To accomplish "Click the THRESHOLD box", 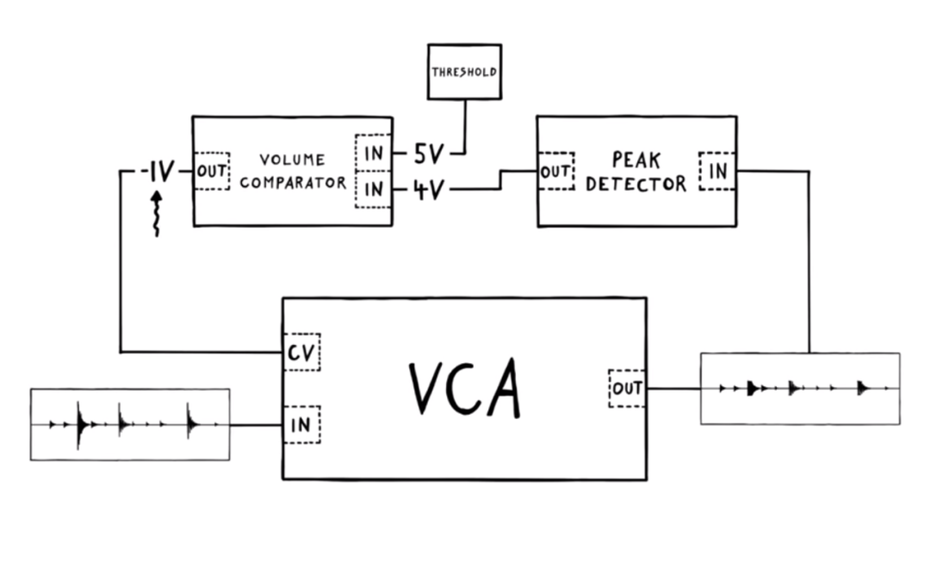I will pos(464,72).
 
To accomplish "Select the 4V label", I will pos(428,189).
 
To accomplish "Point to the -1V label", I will pos(158,171).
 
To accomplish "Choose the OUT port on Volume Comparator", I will pos(212,171).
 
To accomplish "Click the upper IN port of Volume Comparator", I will pos(373,153).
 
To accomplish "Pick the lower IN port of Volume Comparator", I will pos(373,189).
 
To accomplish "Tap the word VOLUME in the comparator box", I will pos(293,160).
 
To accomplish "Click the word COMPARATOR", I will pos(293,183).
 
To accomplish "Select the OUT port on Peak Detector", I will pos(556,171).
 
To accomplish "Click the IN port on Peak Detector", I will pos(717,171).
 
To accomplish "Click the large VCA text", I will pos(464,388).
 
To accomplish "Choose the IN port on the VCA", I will pos(301,424).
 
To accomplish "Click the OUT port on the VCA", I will pos(626,388).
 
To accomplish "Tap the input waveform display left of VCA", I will pos(130,424).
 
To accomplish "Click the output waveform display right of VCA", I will pos(800,388).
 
